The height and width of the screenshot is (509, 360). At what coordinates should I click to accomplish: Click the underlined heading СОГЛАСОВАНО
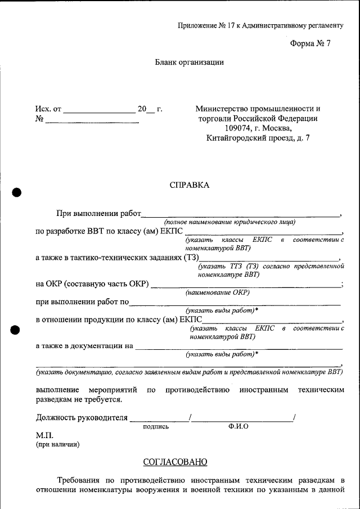click(175, 462)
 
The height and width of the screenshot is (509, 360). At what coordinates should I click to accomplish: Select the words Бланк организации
click(190, 62)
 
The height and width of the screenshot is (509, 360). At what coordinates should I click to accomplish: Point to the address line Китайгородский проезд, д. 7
click(258, 137)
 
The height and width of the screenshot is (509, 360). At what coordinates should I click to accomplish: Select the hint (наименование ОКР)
click(217, 292)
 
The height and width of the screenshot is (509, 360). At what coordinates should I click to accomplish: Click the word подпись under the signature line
click(156, 427)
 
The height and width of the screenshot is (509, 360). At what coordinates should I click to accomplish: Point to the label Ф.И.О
click(239, 427)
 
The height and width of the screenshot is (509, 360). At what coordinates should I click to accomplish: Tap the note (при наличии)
click(58, 445)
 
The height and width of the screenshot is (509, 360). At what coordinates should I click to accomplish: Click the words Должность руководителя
click(82, 418)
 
